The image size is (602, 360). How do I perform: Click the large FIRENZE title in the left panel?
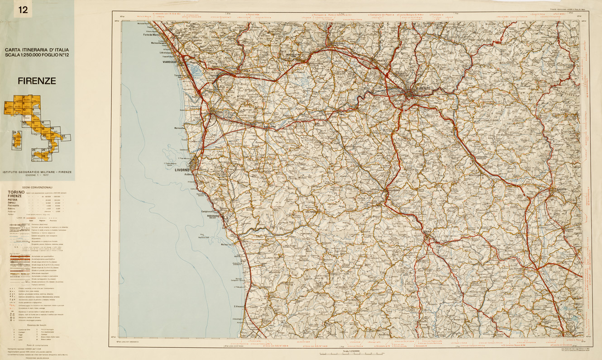37,81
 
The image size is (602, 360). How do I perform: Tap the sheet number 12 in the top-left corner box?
23,9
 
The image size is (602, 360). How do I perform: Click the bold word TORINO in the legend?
16,192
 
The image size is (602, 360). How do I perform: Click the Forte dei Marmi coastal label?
153,35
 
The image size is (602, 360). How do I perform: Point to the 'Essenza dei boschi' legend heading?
37,325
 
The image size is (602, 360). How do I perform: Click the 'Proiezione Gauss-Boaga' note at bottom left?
37,357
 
